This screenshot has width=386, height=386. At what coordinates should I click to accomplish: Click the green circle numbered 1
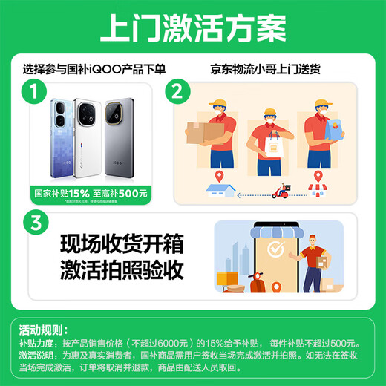[30, 92]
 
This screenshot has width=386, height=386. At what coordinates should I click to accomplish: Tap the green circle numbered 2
[177, 92]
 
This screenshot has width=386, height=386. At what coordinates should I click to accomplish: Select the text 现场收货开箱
[121, 244]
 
